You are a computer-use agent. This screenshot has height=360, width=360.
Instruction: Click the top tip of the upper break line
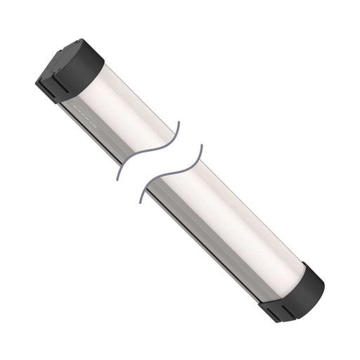click(x=178, y=124)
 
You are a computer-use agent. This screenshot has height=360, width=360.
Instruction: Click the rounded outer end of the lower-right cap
click(x=316, y=281)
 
